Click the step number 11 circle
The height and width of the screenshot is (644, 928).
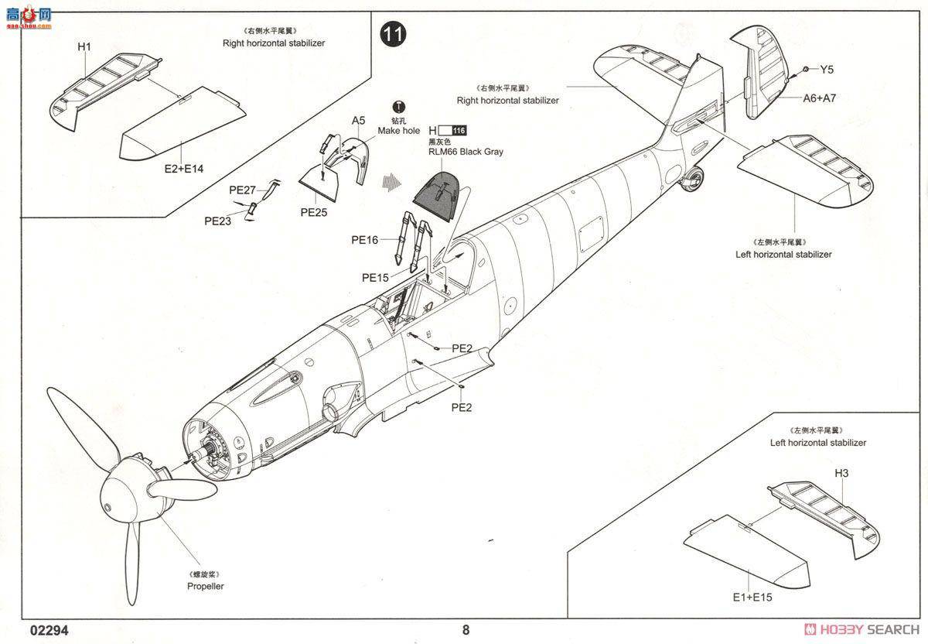[x=394, y=34]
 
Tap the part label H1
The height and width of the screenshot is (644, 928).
[x=84, y=47]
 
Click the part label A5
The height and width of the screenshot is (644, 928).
[x=358, y=120]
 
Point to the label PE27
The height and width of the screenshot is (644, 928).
[x=242, y=190]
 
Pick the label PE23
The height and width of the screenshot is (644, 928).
[x=218, y=221]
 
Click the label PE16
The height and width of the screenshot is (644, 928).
[x=365, y=240]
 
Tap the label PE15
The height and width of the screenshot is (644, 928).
[x=375, y=277]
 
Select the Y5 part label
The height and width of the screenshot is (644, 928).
[x=827, y=70]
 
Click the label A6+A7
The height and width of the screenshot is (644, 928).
[x=819, y=98]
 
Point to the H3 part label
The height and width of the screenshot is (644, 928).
[x=841, y=473]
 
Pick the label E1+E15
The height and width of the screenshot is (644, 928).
[x=752, y=597]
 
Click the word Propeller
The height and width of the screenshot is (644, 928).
[x=205, y=586]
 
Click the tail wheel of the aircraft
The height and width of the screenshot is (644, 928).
[x=693, y=180]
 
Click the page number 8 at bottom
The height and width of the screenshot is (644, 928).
[x=466, y=629]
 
